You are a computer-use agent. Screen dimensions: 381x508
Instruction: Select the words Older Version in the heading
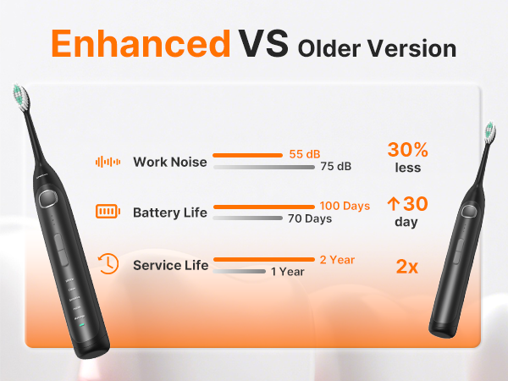tap(377, 47)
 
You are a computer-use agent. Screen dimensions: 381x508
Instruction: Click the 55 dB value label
tap(304, 155)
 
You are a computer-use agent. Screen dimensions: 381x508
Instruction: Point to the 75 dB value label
tap(335, 167)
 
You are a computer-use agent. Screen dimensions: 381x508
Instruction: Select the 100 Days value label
tap(345, 207)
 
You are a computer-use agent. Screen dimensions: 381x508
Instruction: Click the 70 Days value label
tap(309, 218)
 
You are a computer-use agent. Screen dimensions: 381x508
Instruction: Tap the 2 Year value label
tap(336, 259)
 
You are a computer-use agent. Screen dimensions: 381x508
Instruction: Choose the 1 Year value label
tap(287, 272)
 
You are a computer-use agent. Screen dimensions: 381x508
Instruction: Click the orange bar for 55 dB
tap(246, 156)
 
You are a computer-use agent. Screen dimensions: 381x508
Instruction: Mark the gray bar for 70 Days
tap(247, 218)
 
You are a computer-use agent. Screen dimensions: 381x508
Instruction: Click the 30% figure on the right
tap(407, 150)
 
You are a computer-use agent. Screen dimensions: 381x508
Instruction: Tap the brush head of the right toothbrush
tap(489, 131)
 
